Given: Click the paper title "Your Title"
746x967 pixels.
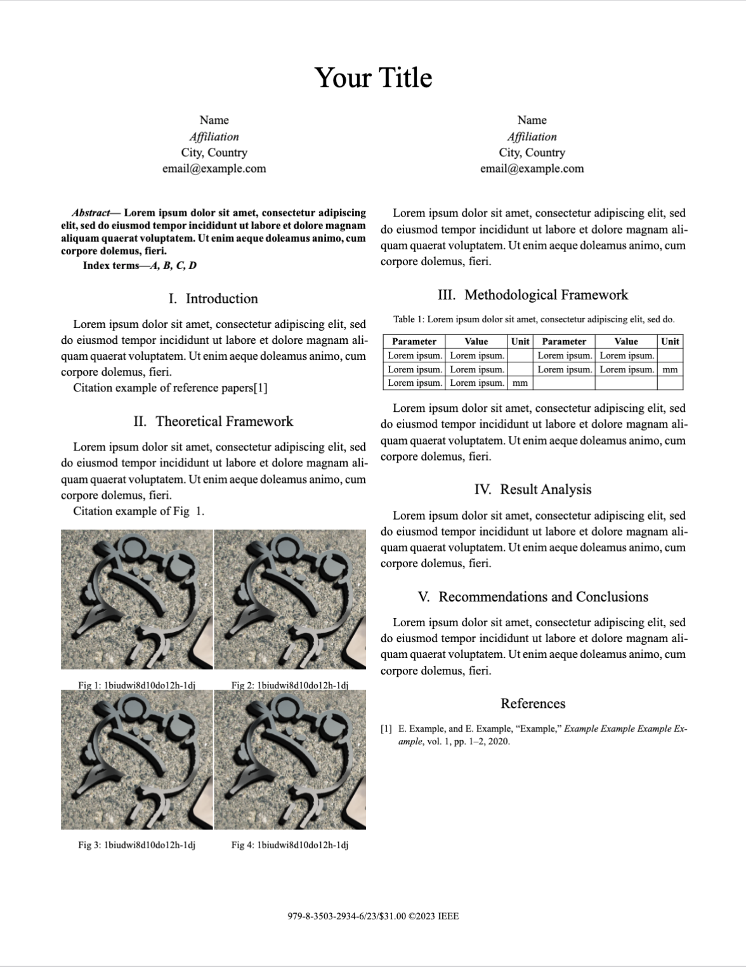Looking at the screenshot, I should (x=373, y=78).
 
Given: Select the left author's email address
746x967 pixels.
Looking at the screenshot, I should (x=214, y=169).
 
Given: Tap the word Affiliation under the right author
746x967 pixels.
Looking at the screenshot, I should (x=532, y=136).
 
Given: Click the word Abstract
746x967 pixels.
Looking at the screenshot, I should (x=91, y=213).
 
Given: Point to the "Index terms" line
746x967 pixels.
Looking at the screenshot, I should (x=140, y=265).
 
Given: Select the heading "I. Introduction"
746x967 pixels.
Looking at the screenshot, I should (x=213, y=299).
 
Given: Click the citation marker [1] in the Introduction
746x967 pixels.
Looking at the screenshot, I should (x=260, y=388).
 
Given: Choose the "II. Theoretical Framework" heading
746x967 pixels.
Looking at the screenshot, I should (x=213, y=421).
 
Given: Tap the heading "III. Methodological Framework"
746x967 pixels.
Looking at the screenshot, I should (x=532, y=295).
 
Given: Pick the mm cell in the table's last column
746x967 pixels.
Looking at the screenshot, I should (x=669, y=369).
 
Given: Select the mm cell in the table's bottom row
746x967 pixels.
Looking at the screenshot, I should (x=520, y=383).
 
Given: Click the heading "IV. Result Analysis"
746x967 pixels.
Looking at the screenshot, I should (x=532, y=489).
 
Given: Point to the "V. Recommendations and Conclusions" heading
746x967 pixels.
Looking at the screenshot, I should (x=533, y=597).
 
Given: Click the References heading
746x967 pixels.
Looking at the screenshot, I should (x=533, y=704).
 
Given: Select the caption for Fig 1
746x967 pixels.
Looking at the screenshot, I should (x=136, y=685).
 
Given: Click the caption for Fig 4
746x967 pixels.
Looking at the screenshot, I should (x=289, y=845).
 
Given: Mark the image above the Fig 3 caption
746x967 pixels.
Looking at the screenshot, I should (x=137, y=760).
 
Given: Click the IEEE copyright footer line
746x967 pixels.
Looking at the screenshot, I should (x=373, y=916).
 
